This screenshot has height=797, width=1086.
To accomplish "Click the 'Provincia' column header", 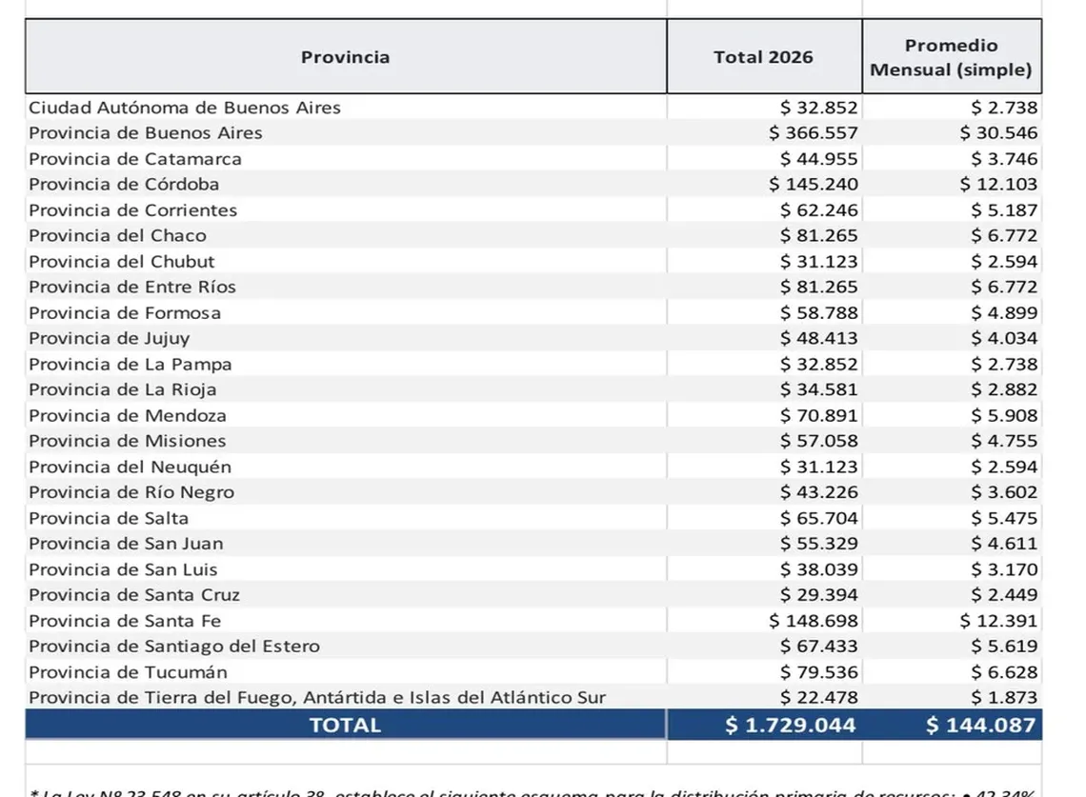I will pyautogui.click(x=345, y=57).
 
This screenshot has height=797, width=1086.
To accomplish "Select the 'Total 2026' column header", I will pyautogui.click(x=763, y=57).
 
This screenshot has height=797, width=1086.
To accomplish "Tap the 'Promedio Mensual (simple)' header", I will pyautogui.click(x=951, y=57).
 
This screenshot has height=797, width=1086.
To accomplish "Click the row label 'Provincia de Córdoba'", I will pyautogui.click(x=124, y=184).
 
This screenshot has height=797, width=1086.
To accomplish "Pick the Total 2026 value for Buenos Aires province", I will pyautogui.click(x=814, y=132).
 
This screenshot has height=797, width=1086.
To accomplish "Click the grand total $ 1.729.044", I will pyautogui.click(x=790, y=726).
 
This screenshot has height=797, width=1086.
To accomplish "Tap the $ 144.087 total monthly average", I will pyautogui.click(x=980, y=726).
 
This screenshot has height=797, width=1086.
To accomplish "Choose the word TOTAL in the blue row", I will pyautogui.click(x=345, y=726).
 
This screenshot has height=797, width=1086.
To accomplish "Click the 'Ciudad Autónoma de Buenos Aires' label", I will pyautogui.click(x=184, y=108).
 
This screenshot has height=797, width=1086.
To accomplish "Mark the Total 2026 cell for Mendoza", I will pyautogui.click(x=818, y=415).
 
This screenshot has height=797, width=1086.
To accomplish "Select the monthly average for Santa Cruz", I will pyautogui.click(x=1004, y=595).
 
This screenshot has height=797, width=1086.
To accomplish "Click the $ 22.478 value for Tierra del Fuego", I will pyautogui.click(x=818, y=698).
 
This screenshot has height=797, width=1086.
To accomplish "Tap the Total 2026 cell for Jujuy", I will pyautogui.click(x=818, y=338).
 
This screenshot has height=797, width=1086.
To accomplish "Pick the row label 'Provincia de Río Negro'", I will pyautogui.click(x=131, y=492).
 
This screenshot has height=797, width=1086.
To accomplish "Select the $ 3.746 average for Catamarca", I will pyautogui.click(x=1004, y=159).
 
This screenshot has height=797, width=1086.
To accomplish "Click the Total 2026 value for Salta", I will pyautogui.click(x=818, y=518).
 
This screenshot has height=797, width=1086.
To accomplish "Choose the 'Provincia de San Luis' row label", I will pyautogui.click(x=123, y=569).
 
